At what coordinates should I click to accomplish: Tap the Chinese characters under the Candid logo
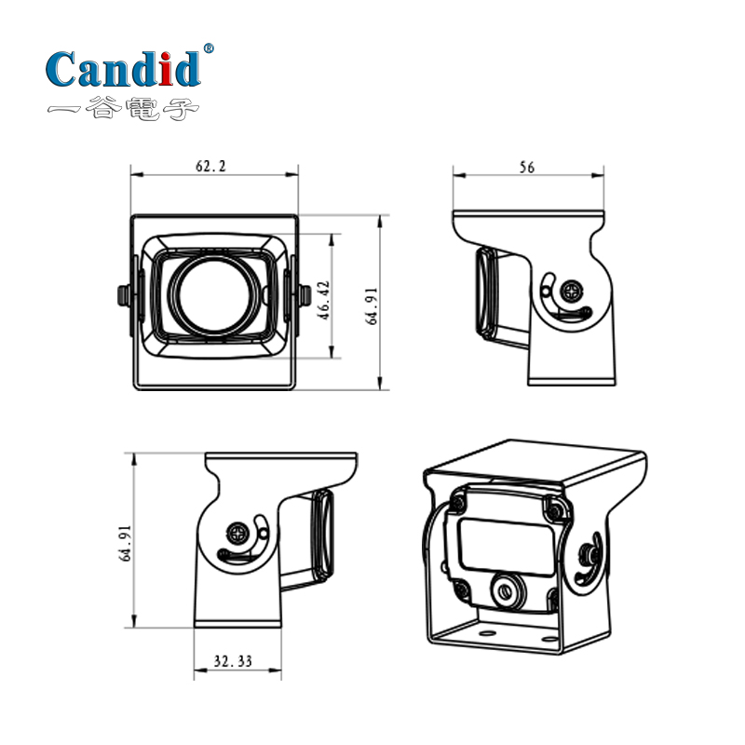(x=123, y=109)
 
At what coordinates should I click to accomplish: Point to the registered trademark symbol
(x=208, y=47)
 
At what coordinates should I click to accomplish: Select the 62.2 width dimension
(x=210, y=166)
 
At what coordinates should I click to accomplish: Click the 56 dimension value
(x=527, y=168)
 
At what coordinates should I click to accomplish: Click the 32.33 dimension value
(x=233, y=661)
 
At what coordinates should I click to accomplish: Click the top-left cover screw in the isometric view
(x=459, y=503)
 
